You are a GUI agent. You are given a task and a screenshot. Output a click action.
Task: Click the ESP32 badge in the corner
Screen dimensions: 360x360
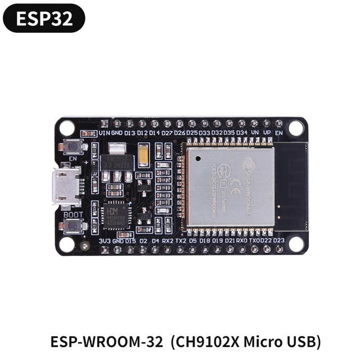(44, 19)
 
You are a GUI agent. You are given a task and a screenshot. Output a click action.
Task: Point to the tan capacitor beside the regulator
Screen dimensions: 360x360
(143, 151)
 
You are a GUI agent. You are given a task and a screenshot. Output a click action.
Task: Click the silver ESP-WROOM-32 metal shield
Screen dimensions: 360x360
(231, 186)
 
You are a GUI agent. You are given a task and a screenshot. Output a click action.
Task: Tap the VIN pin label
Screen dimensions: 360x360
(104, 133)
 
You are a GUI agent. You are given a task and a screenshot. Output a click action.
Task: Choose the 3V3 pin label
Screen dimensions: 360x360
(104, 241)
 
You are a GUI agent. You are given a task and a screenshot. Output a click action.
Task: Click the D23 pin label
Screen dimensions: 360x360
(278, 241)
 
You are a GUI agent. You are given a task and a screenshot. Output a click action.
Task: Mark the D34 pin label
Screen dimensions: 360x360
(242, 133)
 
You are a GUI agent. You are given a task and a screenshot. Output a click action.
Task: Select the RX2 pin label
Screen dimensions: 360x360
(168, 241)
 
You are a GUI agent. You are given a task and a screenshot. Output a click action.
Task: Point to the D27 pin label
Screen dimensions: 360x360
(167, 133)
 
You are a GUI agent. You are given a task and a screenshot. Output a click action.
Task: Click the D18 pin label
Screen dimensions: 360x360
(205, 241)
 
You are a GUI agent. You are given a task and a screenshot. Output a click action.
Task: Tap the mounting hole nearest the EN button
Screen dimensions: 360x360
(67, 128)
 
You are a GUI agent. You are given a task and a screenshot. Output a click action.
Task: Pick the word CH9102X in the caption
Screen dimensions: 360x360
(202, 341)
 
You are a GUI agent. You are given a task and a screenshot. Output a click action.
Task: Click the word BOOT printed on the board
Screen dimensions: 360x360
(73, 214)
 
